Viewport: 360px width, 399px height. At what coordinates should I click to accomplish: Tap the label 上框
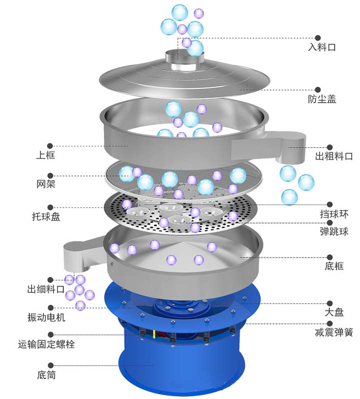[x=45, y=155]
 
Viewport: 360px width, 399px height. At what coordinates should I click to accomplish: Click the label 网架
[x=45, y=184]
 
